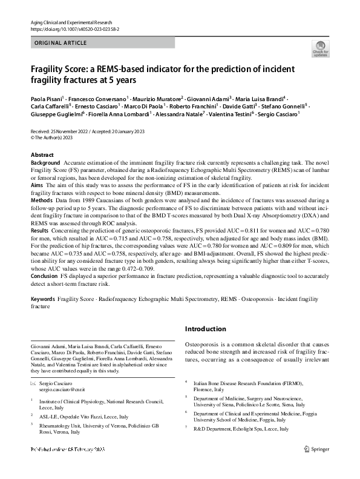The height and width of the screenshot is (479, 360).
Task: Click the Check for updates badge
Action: click(320, 48)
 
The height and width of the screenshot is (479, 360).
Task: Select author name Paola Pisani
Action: click(47, 98)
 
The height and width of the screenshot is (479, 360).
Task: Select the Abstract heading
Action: click(42, 155)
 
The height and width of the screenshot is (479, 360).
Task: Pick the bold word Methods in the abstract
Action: click(41, 199)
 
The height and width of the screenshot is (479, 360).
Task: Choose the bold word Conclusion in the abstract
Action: click(44, 275)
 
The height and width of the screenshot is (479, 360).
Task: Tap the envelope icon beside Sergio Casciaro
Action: click(33, 385)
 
